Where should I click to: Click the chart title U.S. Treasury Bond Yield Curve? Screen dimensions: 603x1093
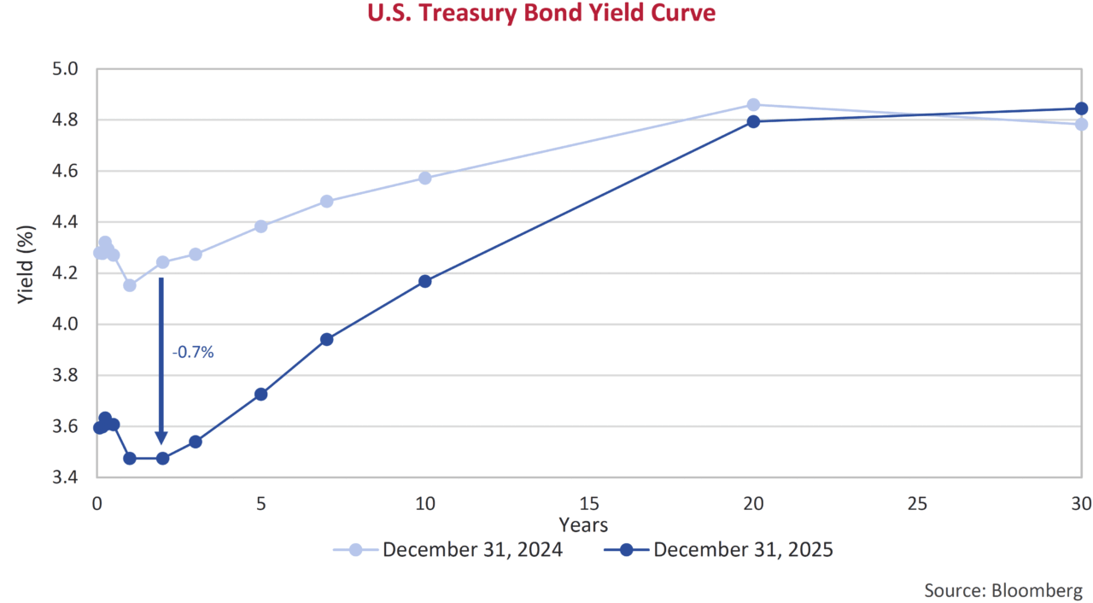click(x=541, y=15)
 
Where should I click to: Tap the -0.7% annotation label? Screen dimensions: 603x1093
click(x=192, y=351)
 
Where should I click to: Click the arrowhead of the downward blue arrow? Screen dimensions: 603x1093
click(x=161, y=436)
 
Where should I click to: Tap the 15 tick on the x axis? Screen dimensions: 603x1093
click(x=588, y=504)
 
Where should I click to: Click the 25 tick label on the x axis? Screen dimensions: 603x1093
click(x=916, y=504)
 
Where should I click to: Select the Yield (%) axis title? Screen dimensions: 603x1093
click(x=26, y=272)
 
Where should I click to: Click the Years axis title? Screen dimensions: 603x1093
click(x=583, y=524)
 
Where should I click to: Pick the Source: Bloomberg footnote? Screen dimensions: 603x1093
click(x=1002, y=590)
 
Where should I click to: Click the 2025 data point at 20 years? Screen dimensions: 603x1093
click(x=753, y=121)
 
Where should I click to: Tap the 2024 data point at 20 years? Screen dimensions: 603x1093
click(x=753, y=105)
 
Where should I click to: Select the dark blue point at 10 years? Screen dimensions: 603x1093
click(x=425, y=281)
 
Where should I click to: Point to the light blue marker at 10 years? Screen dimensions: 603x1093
click(x=425, y=178)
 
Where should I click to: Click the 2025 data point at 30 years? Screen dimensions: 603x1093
click(x=1081, y=108)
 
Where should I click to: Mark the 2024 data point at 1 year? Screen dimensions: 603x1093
click(x=130, y=285)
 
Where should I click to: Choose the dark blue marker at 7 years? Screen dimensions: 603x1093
click(x=326, y=339)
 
